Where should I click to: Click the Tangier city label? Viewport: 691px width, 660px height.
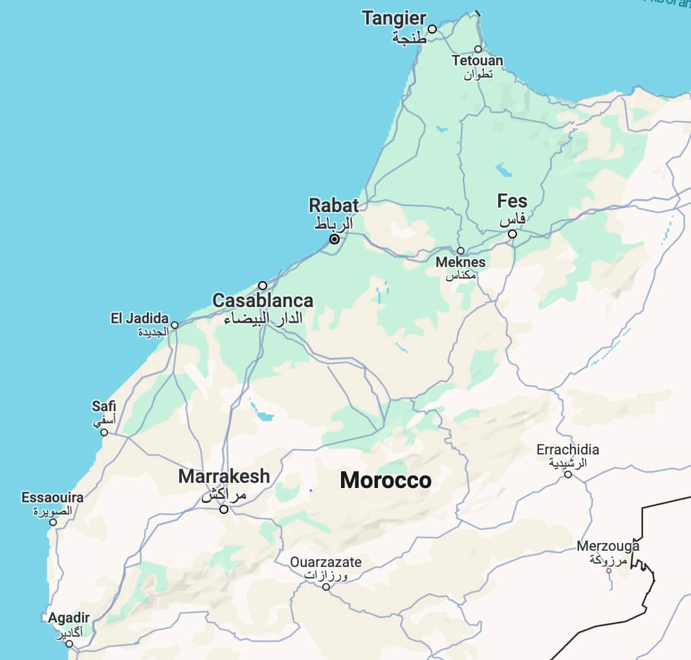click(x=394, y=18)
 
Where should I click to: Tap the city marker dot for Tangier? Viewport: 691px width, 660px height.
click(x=432, y=29)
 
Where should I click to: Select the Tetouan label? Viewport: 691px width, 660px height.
click(x=477, y=61)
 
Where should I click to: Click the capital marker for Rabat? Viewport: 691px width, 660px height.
click(x=335, y=239)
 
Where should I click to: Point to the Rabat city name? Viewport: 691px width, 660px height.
click(x=333, y=206)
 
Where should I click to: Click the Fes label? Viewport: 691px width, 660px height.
click(x=512, y=200)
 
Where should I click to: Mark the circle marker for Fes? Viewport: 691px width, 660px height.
click(x=512, y=234)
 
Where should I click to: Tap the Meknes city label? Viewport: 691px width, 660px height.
click(x=461, y=262)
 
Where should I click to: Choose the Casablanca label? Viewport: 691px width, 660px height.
click(x=263, y=301)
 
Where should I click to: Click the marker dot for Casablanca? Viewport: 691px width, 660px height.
click(x=263, y=286)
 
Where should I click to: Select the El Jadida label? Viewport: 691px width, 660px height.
click(x=139, y=319)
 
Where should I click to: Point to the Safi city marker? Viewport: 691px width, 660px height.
click(x=104, y=432)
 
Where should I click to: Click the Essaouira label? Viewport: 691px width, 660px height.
click(x=52, y=498)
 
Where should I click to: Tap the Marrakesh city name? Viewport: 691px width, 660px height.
click(x=224, y=477)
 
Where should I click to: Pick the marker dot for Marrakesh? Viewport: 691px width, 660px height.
click(x=224, y=509)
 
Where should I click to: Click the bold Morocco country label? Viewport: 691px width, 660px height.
click(x=386, y=480)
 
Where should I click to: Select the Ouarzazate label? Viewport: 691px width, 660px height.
click(x=325, y=562)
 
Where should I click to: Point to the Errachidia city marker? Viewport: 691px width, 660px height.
click(x=568, y=474)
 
